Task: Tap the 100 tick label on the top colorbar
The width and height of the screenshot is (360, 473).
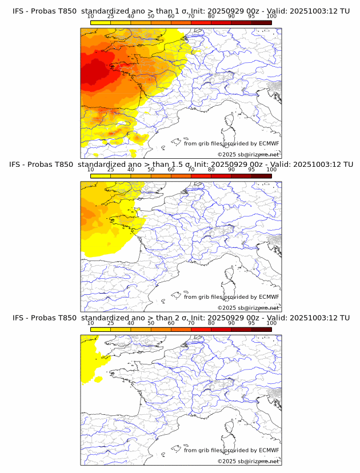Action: pyautogui.click(x=271, y=17)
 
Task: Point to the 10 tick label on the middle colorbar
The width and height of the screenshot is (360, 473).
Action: pyautogui.click(x=90, y=170)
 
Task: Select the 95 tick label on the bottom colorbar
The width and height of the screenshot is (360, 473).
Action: pyautogui.click(x=251, y=323)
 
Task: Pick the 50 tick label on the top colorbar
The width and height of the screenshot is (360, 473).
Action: pyautogui.click(x=151, y=17)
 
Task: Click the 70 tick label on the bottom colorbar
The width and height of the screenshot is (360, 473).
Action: pyautogui.click(x=191, y=323)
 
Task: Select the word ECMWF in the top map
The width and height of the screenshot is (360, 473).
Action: pyautogui.click(x=269, y=143)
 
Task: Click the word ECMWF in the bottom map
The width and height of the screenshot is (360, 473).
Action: pyautogui.click(x=269, y=450)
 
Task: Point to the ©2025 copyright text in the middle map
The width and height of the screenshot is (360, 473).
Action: pyautogui.click(x=248, y=307)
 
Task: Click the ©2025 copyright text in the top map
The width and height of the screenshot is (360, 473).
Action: pyautogui.click(x=248, y=154)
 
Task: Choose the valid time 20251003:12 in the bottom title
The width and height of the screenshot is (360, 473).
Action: pyautogui.click(x=316, y=318)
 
